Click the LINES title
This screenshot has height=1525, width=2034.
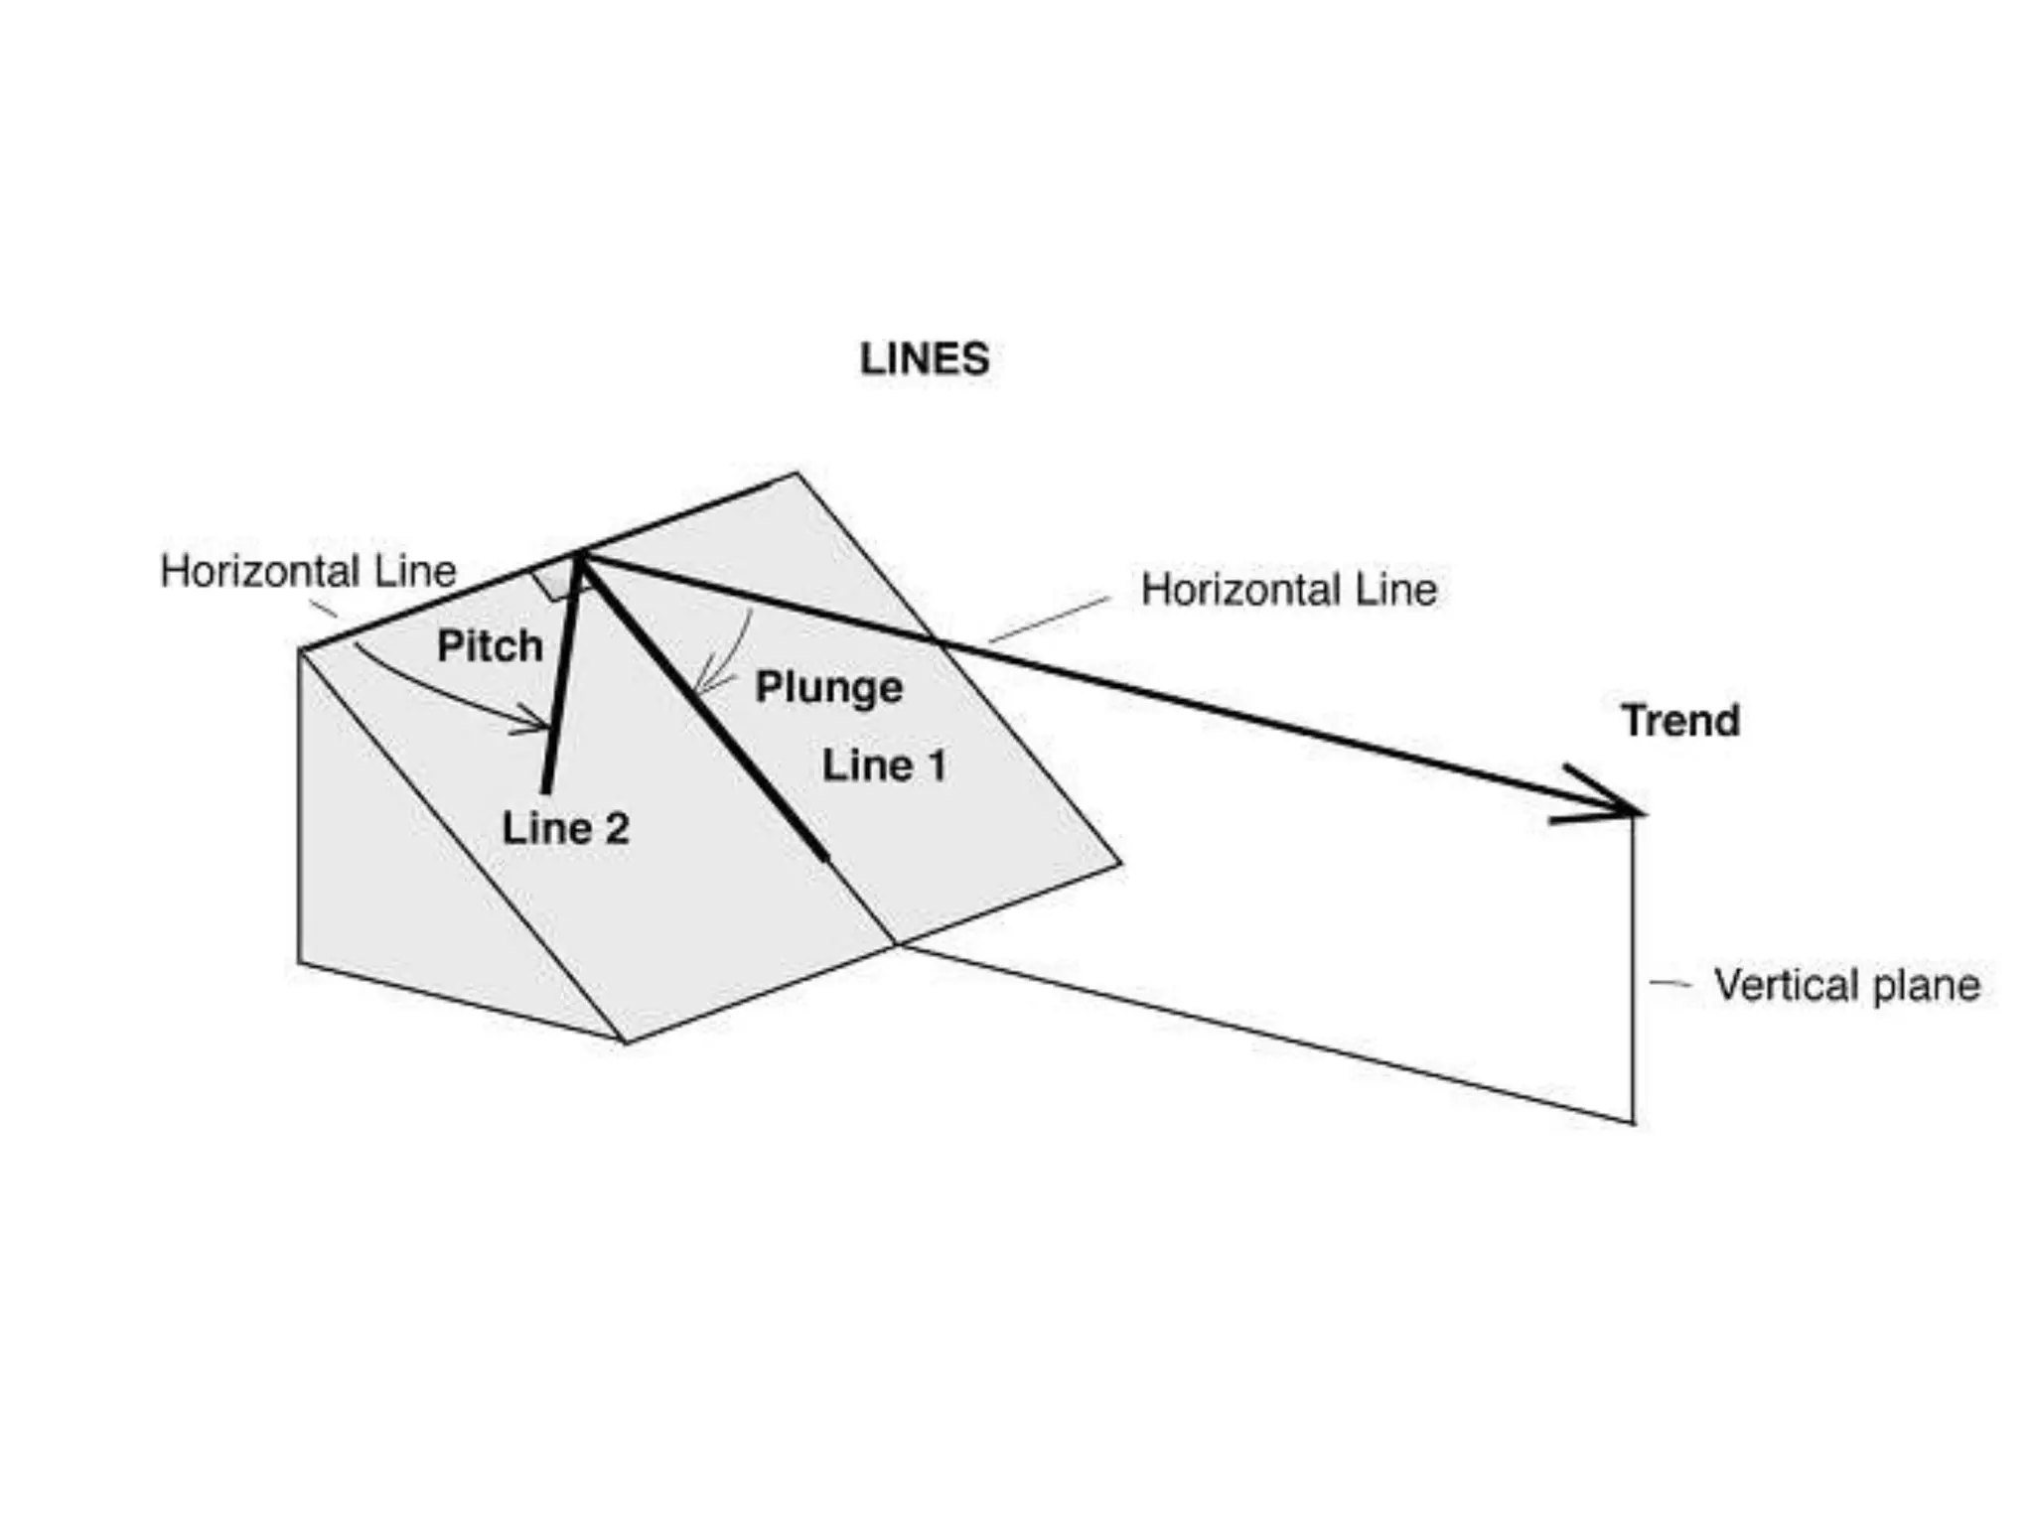point(924,359)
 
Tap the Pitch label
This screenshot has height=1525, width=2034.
point(490,646)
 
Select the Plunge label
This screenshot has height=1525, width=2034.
point(828,687)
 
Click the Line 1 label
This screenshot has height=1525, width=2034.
point(884,765)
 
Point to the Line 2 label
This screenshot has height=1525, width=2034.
point(565,829)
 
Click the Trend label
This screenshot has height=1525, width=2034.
point(1680,721)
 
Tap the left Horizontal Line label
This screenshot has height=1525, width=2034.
point(308,572)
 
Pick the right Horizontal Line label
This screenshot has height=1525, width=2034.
point(1288,590)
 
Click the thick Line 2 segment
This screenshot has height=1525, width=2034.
point(560,685)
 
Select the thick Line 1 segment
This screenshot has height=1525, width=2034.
point(705,709)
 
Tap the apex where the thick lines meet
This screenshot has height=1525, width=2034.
point(579,558)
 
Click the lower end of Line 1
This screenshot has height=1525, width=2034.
point(824,858)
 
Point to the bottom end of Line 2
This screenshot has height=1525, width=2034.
point(544,790)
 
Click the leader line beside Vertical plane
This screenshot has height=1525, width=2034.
point(1670,984)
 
